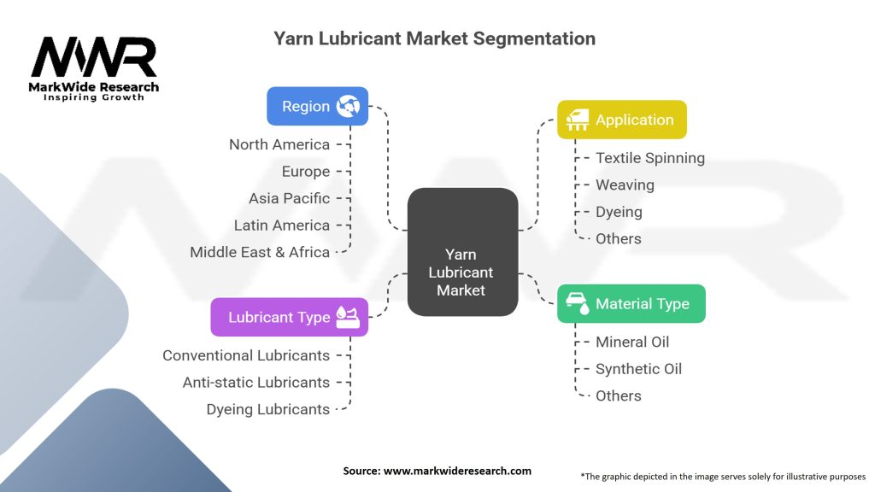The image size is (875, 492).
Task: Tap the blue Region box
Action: point(318,107)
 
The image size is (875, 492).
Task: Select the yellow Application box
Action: point(621,120)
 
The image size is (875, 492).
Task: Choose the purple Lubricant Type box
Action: point(289,317)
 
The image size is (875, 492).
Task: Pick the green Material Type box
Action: point(631,304)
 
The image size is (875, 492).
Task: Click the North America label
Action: point(279,144)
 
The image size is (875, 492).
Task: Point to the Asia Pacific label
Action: point(289,198)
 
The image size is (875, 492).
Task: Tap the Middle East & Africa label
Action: point(260,252)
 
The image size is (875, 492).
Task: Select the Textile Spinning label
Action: point(650,158)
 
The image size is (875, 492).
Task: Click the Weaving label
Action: point(625,185)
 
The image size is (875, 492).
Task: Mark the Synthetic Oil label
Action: point(638,369)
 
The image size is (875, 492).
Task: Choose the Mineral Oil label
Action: point(632,342)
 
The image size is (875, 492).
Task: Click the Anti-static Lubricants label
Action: point(256,382)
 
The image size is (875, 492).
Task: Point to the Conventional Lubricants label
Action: point(246,355)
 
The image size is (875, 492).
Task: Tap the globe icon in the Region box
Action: point(349,107)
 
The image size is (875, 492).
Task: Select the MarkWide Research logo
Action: point(94,68)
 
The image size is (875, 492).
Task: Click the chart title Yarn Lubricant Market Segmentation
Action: point(434,38)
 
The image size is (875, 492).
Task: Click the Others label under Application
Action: point(619,238)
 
